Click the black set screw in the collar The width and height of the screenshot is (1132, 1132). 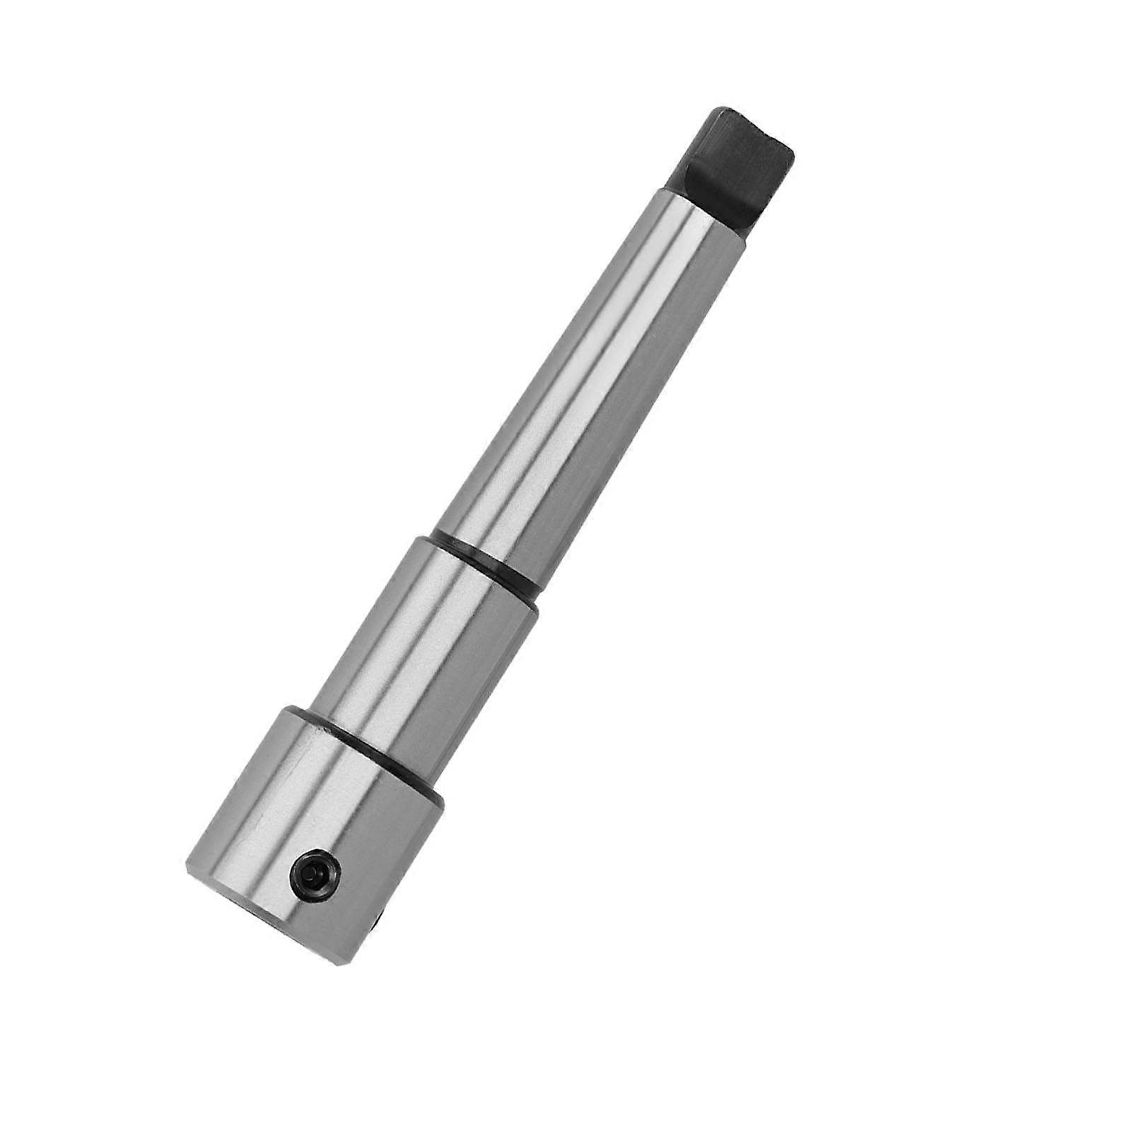315,875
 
